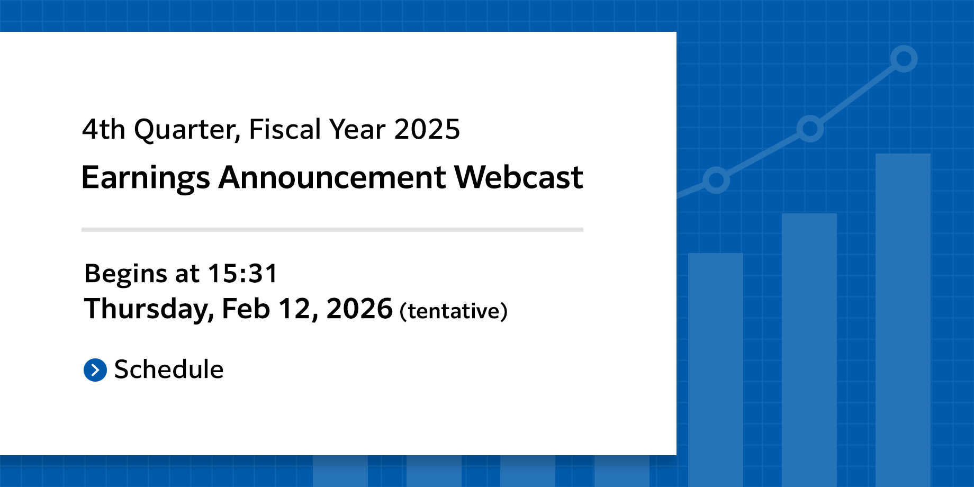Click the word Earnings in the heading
coord(146,178)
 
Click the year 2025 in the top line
coord(427,129)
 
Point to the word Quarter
coord(187,130)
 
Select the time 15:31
coord(242,274)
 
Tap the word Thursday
coord(149,309)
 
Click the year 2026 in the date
coord(359,309)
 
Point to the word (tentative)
coord(454,311)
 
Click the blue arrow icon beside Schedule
coord(95,370)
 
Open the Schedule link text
coord(169,369)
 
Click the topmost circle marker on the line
coord(904,58)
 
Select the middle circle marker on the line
coord(810,129)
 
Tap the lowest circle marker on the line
coord(716,180)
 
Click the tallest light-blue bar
coord(903,318)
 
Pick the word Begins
coord(125,274)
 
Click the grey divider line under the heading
coord(332,230)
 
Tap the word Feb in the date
coord(246,309)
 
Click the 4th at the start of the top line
coord(103,129)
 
